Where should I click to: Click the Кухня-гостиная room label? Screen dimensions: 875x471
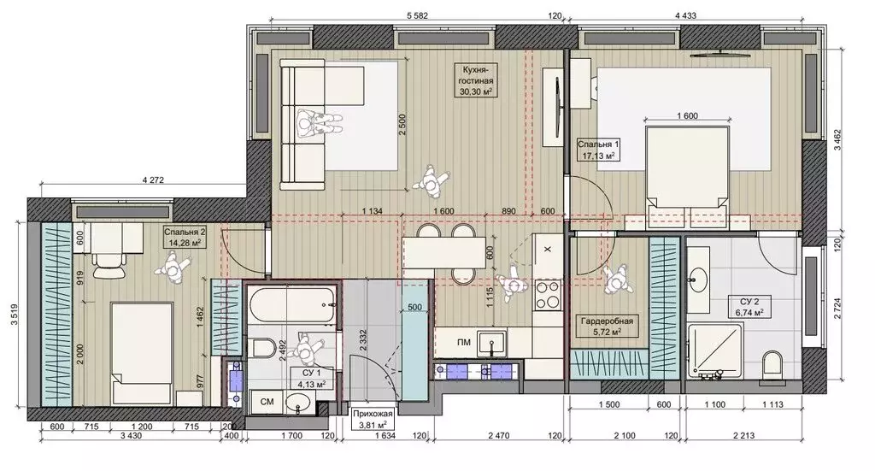[476, 81]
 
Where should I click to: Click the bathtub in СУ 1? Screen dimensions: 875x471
[292, 304]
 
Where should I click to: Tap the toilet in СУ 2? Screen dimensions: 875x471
[772, 362]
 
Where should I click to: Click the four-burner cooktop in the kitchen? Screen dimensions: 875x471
[547, 295]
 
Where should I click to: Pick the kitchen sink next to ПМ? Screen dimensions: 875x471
[491, 343]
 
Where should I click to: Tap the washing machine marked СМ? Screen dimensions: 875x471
[267, 402]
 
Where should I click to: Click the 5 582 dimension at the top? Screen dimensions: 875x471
[417, 16]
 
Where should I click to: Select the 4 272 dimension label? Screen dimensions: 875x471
[154, 180]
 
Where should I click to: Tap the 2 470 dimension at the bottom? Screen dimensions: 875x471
[498, 436]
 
